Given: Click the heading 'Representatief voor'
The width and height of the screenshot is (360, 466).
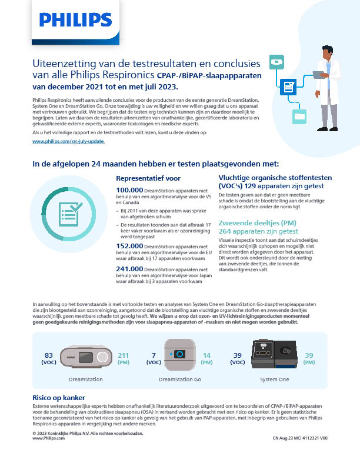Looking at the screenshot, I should [148, 177].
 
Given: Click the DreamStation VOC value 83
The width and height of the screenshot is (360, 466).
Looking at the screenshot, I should [49, 355].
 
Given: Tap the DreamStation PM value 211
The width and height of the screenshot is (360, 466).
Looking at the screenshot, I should [124, 355].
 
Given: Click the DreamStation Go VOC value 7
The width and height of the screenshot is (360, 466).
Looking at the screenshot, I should [154, 355].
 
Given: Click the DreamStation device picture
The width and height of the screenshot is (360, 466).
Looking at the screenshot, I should [86, 356].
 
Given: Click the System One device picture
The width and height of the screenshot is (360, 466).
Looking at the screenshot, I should [275, 355].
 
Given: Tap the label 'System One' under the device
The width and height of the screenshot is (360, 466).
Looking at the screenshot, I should [274, 380].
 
